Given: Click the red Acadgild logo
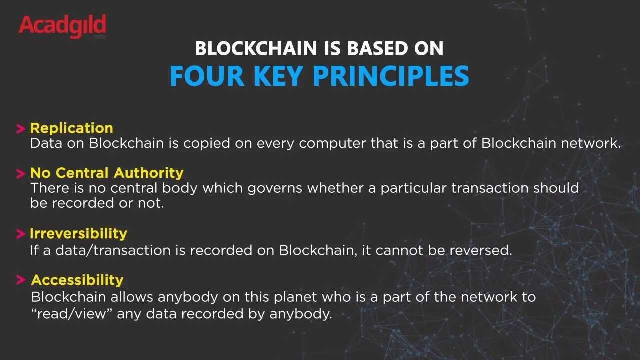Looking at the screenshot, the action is tap(63, 26).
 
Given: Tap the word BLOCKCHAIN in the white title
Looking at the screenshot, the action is tap(256, 48).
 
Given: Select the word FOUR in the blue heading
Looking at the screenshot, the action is tap(207, 76).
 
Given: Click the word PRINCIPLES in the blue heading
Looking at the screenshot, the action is tap(391, 76).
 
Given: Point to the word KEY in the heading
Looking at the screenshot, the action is tap(278, 76).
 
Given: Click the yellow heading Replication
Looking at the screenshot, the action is tap(71, 128).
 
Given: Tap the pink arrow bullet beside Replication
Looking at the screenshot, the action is tap(21, 129).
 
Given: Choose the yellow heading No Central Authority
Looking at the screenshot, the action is tap(107, 173).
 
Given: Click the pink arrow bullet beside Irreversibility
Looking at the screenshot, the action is tap(21, 234).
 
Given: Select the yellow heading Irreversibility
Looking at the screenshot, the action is tap(78, 233).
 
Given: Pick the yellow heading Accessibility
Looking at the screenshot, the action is tap(77, 280).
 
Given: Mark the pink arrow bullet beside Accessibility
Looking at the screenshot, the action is tap(21, 280).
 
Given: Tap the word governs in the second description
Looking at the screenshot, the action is tap(275, 189).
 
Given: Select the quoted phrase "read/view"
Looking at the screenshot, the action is tap(71, 314).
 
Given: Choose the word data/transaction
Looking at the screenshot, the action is tap(113, 250).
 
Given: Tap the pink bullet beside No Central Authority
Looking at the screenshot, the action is tap(21, 173).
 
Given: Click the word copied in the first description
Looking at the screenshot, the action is tap(207, 143).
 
